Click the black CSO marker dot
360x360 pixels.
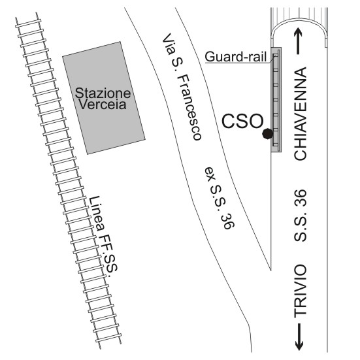click(267, 133)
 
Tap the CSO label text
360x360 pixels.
click(242, 121)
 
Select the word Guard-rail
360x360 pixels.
click(236, 57)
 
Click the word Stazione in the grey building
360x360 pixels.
click(103, 93)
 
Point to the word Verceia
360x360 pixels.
click(103, 104)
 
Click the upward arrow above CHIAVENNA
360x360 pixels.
click(298, 41)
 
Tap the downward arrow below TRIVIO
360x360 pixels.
click(299, 337)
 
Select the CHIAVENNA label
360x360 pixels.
click(301, 114)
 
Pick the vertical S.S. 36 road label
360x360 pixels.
click(301, 216)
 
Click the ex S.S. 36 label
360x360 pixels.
click(220, 198)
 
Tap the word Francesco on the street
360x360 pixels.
click(189, 107)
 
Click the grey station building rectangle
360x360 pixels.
click(104, 98)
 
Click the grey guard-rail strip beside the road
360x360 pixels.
click(276, 100)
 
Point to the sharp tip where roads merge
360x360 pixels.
click(271, 270)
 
